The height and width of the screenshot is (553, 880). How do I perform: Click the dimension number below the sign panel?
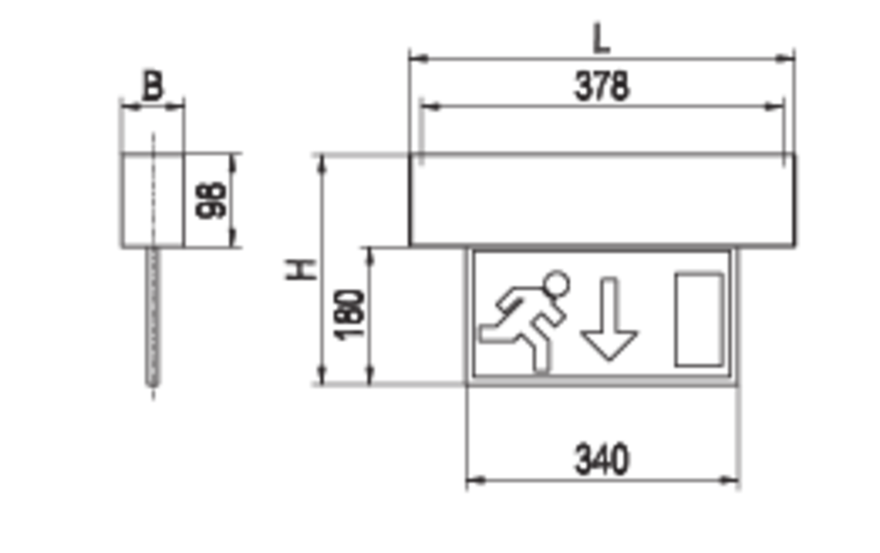pos(601,453)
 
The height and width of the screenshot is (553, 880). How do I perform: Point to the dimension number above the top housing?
pos(601,83)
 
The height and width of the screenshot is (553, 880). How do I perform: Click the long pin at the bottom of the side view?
pos(153,327)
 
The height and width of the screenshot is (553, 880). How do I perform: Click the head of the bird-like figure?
pos(557,277)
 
